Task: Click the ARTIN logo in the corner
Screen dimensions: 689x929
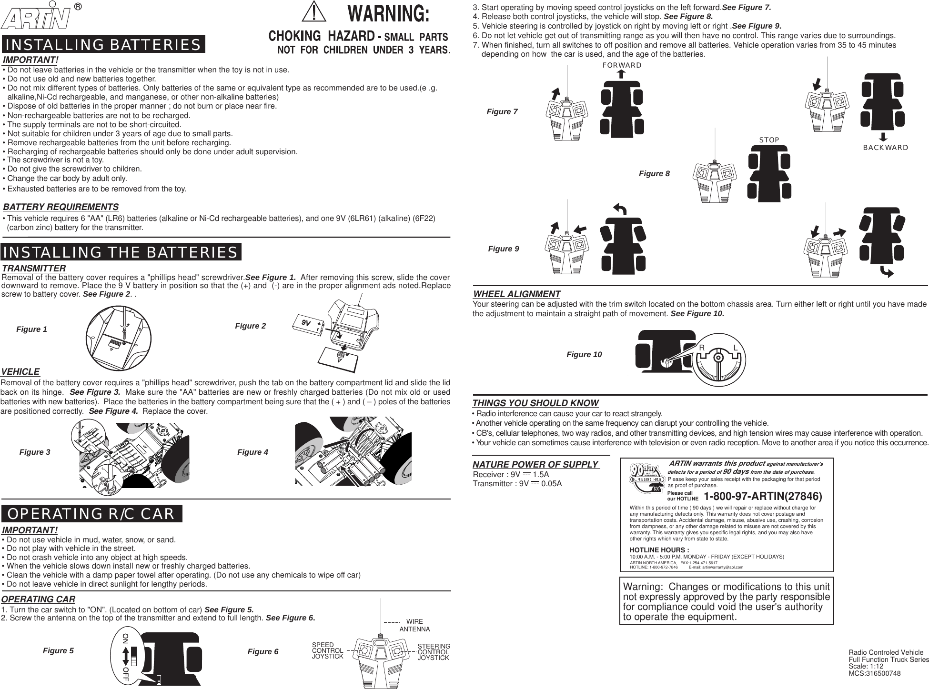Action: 36,18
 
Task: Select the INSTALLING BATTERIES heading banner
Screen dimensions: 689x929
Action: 103,45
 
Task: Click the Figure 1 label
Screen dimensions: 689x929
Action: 32,330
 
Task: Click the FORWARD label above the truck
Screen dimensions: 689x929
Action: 622,65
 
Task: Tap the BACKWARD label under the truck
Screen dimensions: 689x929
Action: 885,148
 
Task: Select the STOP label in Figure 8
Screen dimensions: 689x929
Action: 769,140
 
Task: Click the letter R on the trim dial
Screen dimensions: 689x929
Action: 702,349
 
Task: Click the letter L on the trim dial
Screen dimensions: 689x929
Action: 736,349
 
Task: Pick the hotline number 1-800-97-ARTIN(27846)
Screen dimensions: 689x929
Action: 763,497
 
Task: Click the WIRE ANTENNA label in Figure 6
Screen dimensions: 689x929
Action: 414,625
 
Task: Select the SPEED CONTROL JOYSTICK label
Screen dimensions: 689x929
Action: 327,650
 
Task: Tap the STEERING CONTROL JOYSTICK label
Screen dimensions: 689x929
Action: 434,652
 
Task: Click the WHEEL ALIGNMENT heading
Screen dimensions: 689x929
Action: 516,294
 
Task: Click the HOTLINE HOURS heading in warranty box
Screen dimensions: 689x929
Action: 653,550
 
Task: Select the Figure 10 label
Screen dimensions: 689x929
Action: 584,355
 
